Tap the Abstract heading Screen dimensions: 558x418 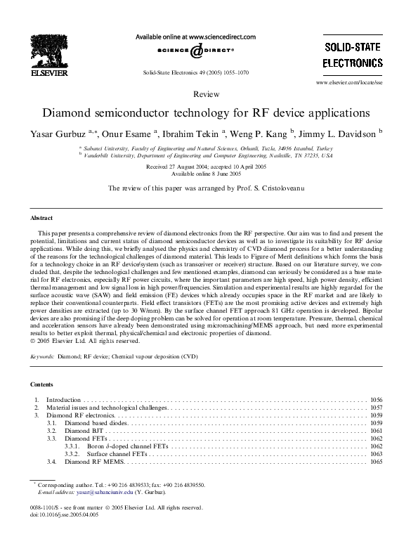pyautogui.click(x=42, y=219)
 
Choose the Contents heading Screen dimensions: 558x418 pyautogui.click(x=43, y=384)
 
